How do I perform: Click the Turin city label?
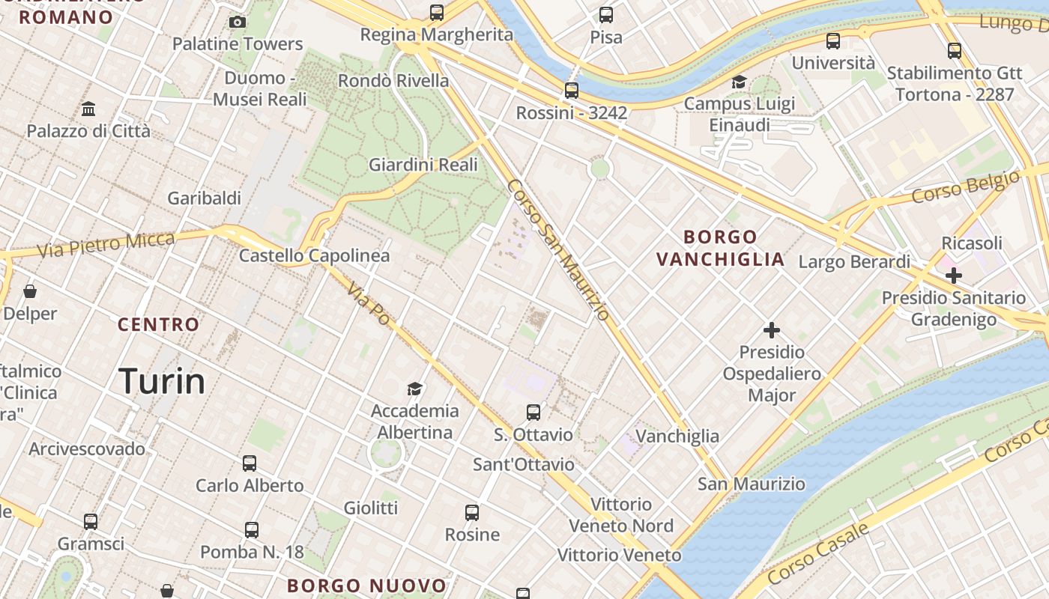click(162, 381)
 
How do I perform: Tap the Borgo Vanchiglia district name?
click(720, 249)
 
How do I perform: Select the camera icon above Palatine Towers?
click(238, 22)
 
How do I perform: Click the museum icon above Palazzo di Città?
click(88, 109)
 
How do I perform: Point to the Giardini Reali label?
click(423, 165)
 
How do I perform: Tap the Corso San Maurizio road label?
click(558, 250)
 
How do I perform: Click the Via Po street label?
click(369, 303)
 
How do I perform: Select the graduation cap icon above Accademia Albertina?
click(414, 389)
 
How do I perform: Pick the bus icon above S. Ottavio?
click(533, 413)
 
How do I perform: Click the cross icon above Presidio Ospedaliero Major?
click(772, 330)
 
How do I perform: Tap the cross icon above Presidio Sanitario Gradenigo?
click(953, 276)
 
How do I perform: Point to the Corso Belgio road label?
click(966, 187)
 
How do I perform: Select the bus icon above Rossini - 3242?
click(572, 91)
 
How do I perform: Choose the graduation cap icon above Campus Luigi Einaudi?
click(740, 82)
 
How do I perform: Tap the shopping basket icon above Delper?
click(30, 291)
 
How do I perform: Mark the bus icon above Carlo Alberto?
click(250, 463)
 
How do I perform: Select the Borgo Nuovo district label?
click(366, 586)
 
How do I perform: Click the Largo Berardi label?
click(854, 262)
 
